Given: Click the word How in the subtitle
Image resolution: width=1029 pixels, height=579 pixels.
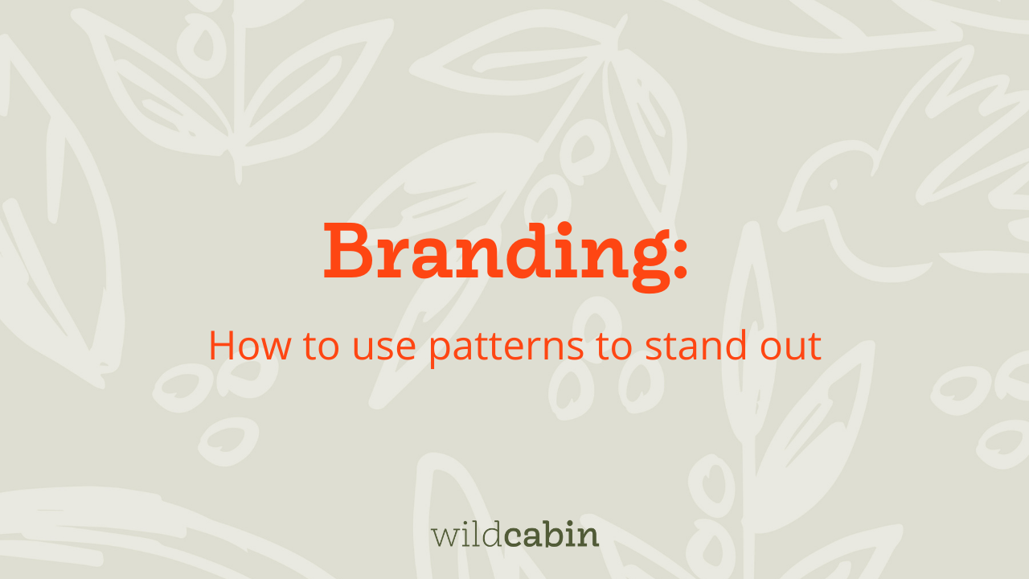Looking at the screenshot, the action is [250, 346].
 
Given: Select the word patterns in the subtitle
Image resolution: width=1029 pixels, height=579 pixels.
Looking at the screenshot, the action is [506, 348].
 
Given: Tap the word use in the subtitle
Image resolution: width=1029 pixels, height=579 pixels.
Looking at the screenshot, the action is [384, 349].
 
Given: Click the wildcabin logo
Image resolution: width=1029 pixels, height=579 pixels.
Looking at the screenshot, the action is [515, 534].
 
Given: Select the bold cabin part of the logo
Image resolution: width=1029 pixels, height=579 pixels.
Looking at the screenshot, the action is [551, 534].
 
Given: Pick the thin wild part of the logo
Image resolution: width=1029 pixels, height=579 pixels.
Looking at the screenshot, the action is [467, 534].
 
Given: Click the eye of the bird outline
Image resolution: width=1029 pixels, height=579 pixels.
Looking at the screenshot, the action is [834, 185].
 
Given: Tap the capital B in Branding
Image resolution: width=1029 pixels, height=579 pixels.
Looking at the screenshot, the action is [348, 251].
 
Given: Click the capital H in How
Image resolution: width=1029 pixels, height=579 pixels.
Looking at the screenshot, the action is [223, 346].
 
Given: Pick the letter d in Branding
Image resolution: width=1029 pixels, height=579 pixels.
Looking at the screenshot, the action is [529, 251].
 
